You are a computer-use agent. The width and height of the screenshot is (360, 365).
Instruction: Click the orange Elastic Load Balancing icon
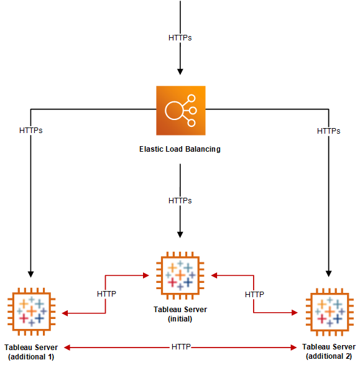point(180,110)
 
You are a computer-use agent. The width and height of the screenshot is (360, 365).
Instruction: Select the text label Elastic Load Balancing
point(180,149)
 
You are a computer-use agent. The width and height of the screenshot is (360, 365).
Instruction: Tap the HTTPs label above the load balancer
point(180,38)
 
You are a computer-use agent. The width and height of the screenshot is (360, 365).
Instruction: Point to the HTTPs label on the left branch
point(30,131)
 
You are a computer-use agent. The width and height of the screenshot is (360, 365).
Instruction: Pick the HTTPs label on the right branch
point(328,131)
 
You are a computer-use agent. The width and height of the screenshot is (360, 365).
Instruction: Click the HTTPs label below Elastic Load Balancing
point(180,201)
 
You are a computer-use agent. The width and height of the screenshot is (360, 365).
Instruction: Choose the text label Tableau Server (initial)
point(180,314)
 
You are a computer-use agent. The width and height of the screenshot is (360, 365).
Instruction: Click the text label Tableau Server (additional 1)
point(30,351)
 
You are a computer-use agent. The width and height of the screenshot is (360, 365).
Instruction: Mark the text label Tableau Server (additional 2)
point(328,351)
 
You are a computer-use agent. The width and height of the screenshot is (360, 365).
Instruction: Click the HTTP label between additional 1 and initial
point(106,293)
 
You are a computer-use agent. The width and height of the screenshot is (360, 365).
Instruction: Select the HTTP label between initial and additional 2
point(254,293)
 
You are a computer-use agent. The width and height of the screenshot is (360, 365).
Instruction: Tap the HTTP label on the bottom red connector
point(180,346)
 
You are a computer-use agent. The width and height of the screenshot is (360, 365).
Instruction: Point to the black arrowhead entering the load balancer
point(180,71)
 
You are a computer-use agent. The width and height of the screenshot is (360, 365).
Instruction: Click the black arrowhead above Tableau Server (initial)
point(180,234)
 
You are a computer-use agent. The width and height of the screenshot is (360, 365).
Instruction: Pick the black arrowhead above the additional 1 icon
point(30,273)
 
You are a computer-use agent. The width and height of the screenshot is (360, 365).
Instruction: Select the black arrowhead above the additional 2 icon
point(328,273)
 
